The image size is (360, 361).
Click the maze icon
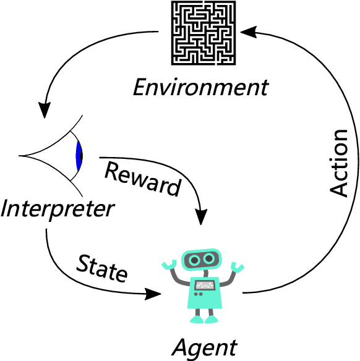[x=202, y=33]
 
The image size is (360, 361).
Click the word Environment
[x=202, y=87]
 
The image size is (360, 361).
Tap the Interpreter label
[x=58, y=208]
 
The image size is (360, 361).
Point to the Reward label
[x=142, y=177]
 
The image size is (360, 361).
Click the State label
[x=102, y=268]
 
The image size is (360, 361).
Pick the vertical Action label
[x=339, y=163]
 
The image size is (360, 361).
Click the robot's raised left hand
[x=169, y=266]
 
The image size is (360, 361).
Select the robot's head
[x=202, y=260]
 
